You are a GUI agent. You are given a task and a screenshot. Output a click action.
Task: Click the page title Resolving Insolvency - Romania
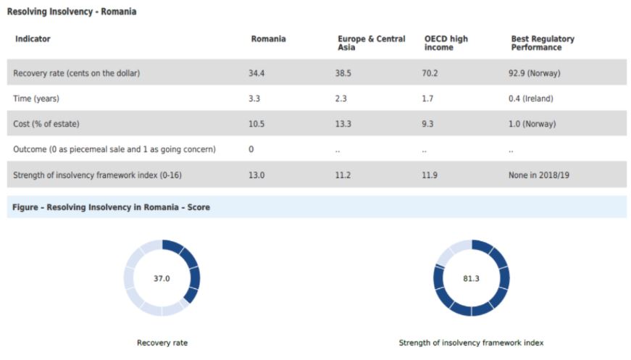tap(71, 12)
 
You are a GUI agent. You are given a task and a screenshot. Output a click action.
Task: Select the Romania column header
tap(268, 39)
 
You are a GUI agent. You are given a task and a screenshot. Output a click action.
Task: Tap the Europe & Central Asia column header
tap(371, 43)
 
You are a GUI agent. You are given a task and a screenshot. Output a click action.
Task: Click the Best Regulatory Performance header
tap(536, 43)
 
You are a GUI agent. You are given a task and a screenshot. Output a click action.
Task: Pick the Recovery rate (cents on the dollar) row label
tap(76, 73)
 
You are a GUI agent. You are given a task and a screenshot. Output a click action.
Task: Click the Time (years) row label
tap(37, 99)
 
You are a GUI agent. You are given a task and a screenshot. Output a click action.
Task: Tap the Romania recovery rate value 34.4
tap(256, 73)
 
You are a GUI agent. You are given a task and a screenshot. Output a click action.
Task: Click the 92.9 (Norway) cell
tap(535, 73)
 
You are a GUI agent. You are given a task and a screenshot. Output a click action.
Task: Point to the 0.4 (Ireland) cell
tap(530, 99)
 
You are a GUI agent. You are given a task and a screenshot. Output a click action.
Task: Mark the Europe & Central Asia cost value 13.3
tap(343, 124)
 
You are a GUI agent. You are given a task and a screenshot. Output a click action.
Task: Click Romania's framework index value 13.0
tap(256, 175)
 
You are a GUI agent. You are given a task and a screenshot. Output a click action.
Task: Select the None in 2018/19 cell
tap(539, 175)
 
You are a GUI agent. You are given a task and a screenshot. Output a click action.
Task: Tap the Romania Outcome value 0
tap(251, 149)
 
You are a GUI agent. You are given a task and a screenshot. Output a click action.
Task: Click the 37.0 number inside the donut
tap(162, 278)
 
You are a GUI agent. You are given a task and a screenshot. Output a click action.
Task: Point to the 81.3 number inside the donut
tap(471, 278)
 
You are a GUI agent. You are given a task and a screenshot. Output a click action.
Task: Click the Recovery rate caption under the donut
tap(162, 343)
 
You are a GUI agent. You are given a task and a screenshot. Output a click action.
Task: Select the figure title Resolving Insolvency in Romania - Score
tap(111, 207)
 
